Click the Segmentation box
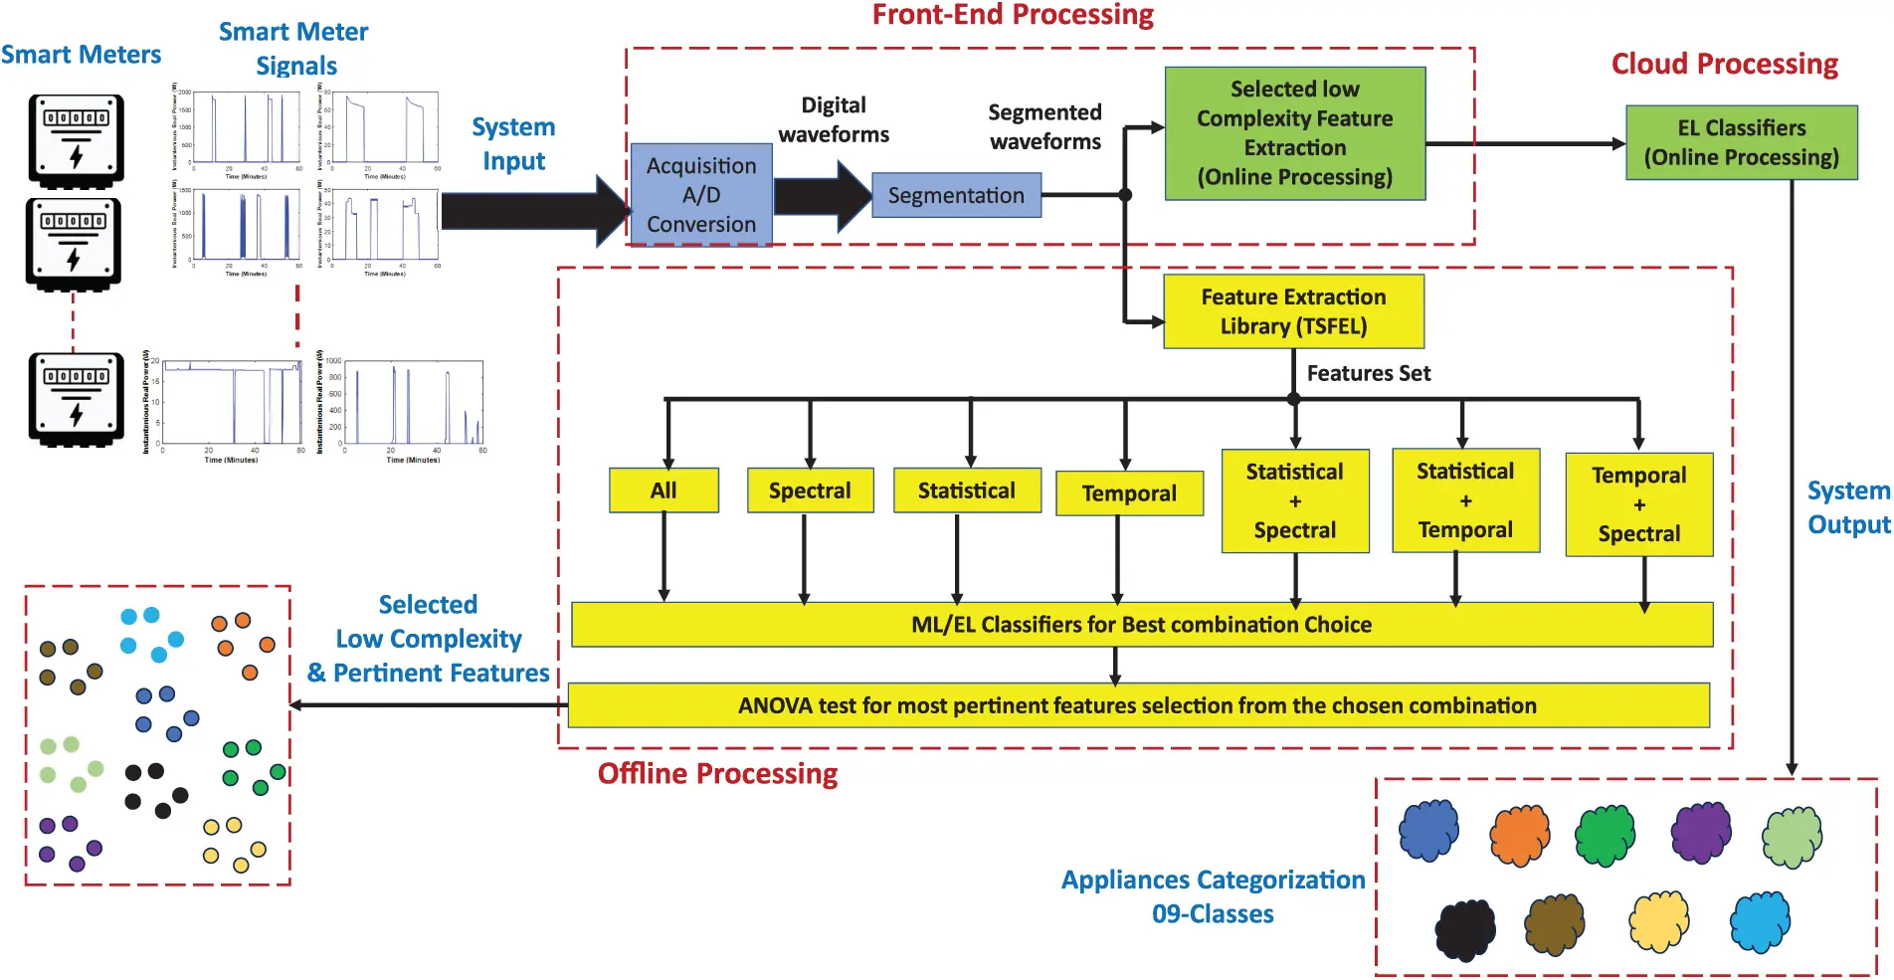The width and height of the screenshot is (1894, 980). point(956,195)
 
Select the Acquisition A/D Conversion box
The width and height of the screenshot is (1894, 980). point(701,195)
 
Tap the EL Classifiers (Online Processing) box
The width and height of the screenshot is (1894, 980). point(1741,142)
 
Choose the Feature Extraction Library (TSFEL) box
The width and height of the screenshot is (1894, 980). point(1293,311)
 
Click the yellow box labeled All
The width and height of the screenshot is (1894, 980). point(663,490)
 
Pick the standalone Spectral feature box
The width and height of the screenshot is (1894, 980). point(810,490)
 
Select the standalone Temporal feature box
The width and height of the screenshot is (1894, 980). point(1129,493)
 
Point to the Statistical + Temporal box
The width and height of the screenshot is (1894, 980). point(1465,500)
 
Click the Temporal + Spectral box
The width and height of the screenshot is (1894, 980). point(1638,504)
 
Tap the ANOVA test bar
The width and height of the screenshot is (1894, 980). point(1137,705)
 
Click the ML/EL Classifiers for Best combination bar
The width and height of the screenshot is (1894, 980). point(1141,625)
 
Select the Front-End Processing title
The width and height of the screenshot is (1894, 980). point(1013,15)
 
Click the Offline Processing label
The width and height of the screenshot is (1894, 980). point(717,774)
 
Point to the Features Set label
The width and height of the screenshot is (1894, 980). point(1368,373)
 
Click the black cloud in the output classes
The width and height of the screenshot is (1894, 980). point(1465,929)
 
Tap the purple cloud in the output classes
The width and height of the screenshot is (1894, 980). point(1701,831)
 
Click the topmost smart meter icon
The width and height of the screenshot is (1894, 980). point(77,139)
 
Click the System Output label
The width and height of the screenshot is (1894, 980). point(1848,507)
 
